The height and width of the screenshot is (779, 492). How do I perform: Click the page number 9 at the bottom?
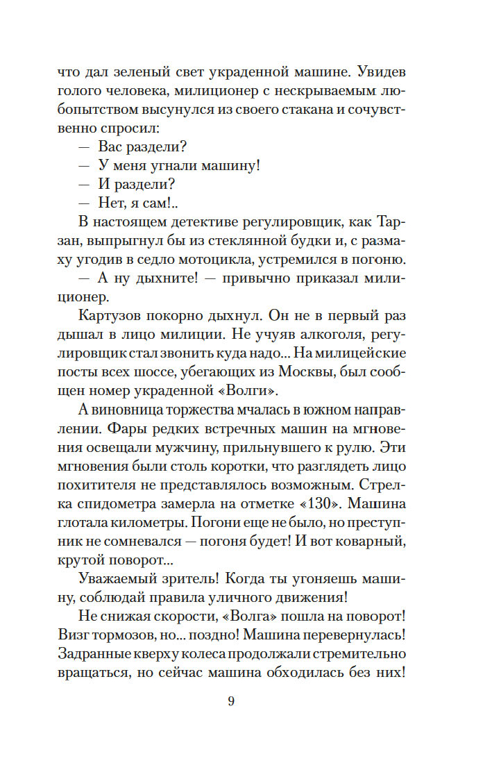point(231,701)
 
